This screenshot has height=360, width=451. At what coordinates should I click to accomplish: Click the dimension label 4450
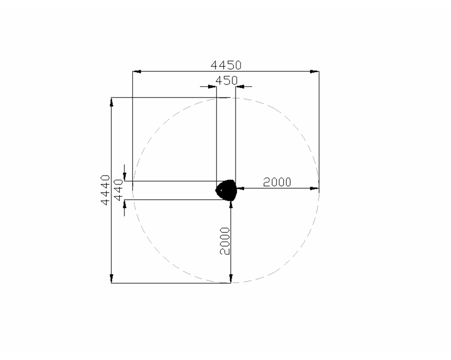[226, 65]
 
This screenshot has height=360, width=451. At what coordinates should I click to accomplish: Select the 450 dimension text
[227, 81]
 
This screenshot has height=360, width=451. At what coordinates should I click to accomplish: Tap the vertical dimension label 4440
[106, 190]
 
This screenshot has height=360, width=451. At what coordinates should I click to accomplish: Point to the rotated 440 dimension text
[119, 190]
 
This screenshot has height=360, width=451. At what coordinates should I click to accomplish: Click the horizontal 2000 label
[277, 182]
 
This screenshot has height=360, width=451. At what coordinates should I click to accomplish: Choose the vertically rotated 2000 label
[225, 241]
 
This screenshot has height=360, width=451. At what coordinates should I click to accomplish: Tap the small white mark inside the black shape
[221, 190]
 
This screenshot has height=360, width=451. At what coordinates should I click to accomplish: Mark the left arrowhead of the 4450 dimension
[137, 71]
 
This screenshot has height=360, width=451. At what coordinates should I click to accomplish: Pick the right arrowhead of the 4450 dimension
[315, 71]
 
